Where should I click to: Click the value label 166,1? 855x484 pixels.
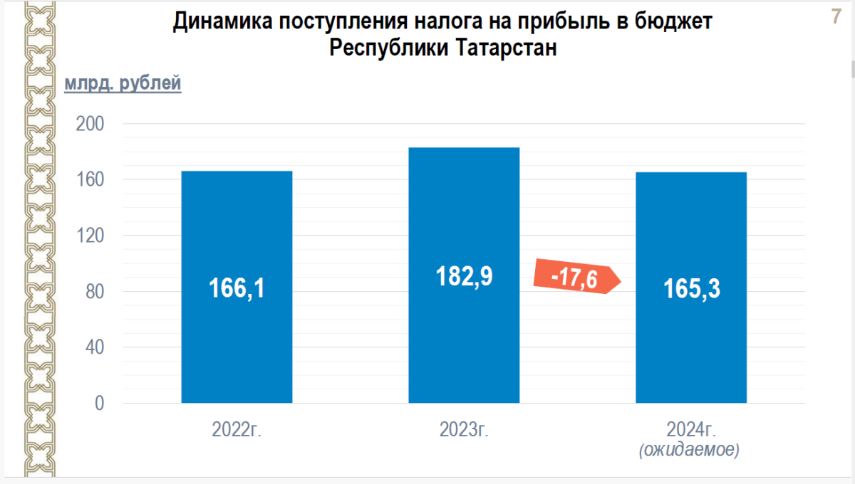click(x=237, y=288)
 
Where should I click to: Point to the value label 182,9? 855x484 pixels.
click(x=464, y=276)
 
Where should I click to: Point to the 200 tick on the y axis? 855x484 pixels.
click(x=90, y=124)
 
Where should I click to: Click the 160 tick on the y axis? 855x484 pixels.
click(x=90, y=179)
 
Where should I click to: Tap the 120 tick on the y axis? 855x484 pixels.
click(x=90, y=236)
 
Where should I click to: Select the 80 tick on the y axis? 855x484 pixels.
click(x=94, y=291)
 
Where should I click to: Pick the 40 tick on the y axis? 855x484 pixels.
click(x=94, y=347)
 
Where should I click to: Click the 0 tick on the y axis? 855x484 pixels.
click(x=98, y=404)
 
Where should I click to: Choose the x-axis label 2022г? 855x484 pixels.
click(x=237, y=430)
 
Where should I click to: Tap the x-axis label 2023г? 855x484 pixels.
click(x=464, y=430)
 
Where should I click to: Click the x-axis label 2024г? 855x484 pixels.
click(x=690, y=429)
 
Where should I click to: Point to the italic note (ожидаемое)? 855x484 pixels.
click(x=688, y=450)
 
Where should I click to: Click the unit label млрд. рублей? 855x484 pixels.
click(x=123, y=84)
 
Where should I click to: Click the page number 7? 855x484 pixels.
click(x=836, y=17)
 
